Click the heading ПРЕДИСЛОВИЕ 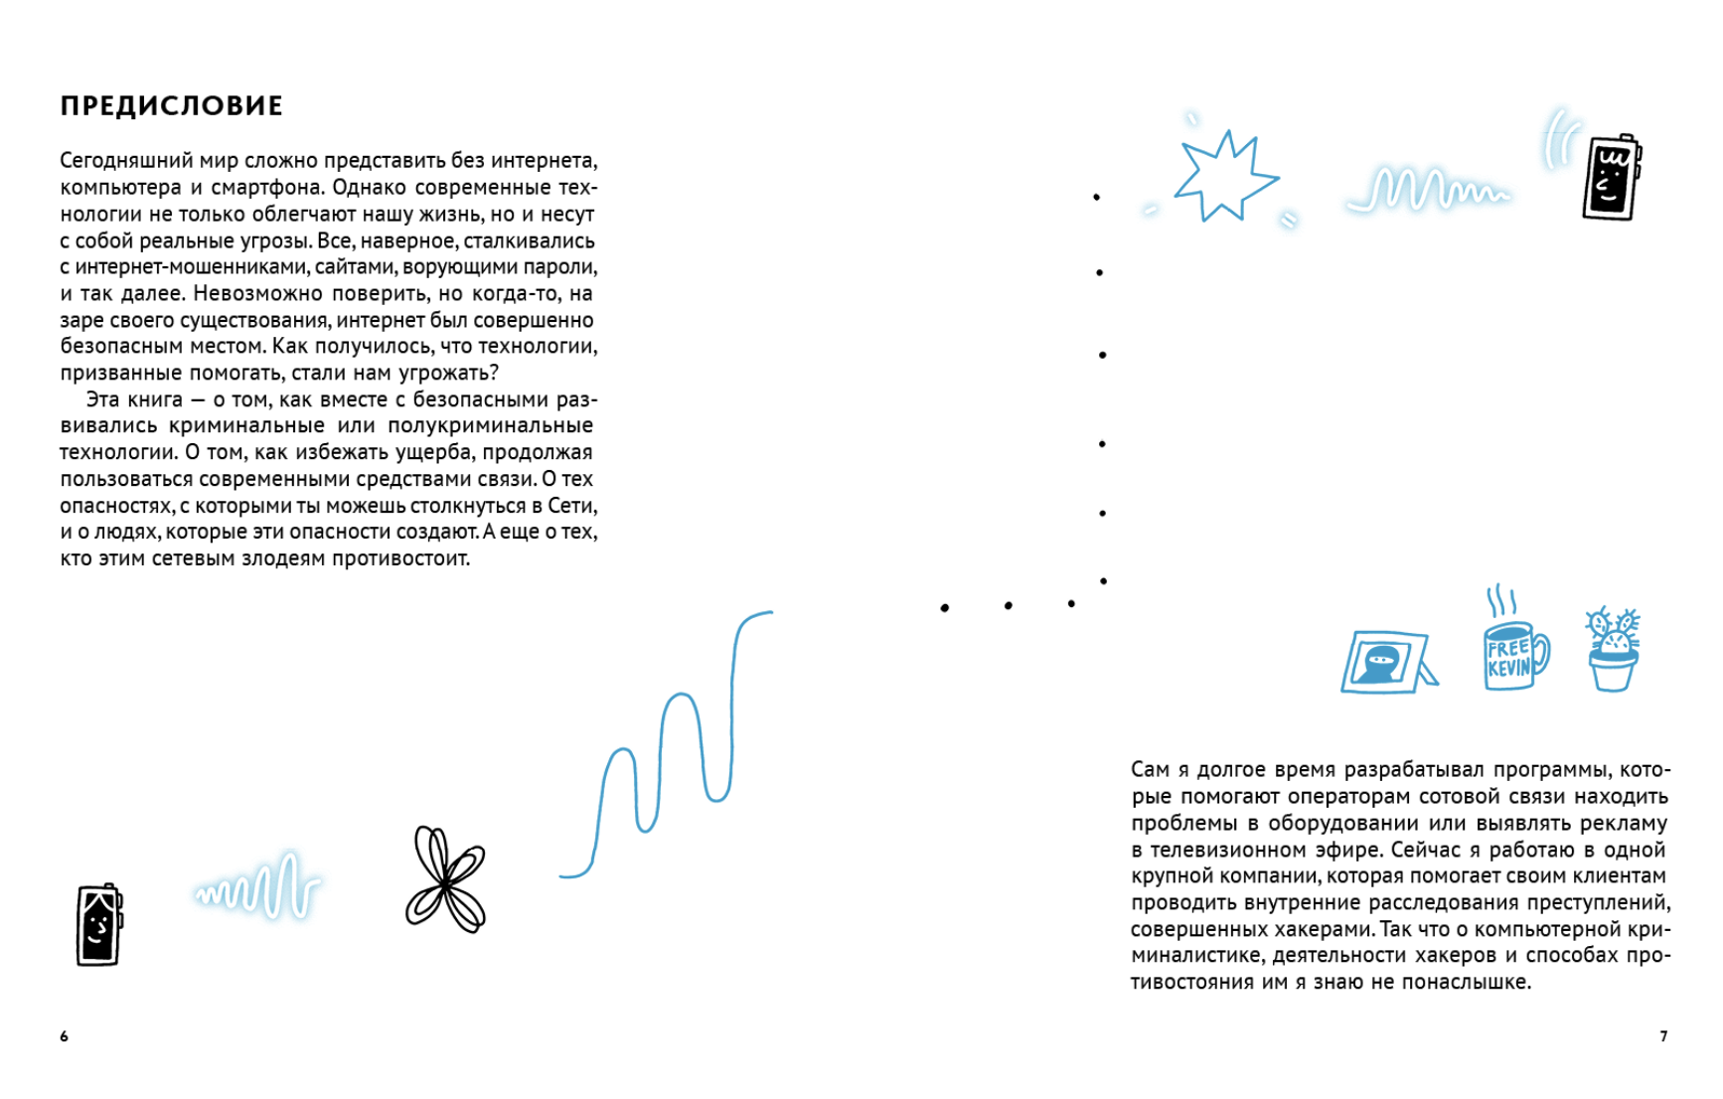point(172,106)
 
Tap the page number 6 point(65,1036)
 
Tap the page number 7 point(1663,1036)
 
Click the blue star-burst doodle point(1223,177)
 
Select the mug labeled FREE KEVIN point(1513,655)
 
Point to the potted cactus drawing point(1612,651)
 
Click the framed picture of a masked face point(1386,662)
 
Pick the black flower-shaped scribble point(445,880)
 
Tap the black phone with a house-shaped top point(99,925)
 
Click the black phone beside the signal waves point(1611,178)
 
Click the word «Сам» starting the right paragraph point(1150,770)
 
